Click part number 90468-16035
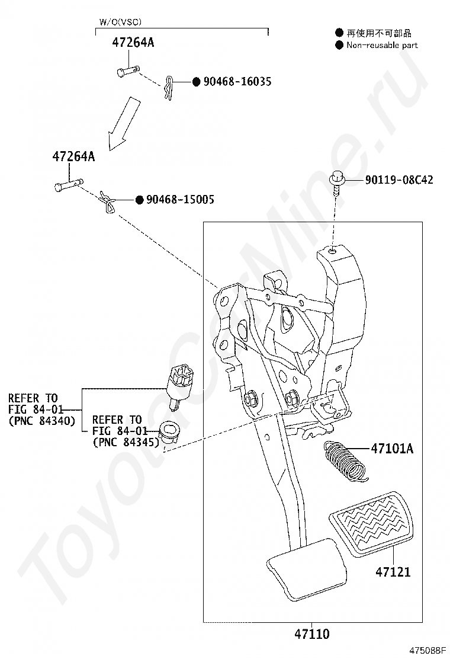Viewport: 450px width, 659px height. (x=237, y=82)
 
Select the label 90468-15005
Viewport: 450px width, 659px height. (x=180, y=199)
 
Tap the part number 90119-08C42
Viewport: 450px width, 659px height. (x=399, y=180)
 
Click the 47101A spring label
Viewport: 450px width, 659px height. (x=391, y=449)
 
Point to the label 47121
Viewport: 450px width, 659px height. (x=393, y=571)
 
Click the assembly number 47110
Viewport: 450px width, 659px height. (x=311, y=634)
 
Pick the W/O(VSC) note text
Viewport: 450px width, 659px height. (x=120, y=22)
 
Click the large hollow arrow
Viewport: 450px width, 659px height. (x=123, y=123)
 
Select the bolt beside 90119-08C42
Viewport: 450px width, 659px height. (x=336, y=182)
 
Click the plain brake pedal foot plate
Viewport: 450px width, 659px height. (x=307, y=568)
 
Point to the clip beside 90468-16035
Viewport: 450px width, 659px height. (x=169, y=88)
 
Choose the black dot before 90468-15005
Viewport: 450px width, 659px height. (x=140, y=200)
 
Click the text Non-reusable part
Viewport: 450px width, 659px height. (x=382, y=46)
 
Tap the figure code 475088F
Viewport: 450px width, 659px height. (x=427, y=651)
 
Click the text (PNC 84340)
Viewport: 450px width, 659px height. (x=42, y=421)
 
